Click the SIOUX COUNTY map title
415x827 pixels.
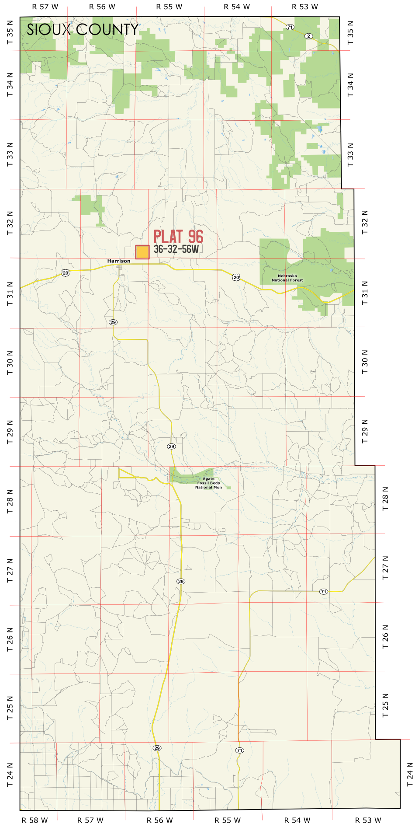pyautogui.click(x=83, y=30)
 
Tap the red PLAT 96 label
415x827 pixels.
pyautogui.click(x=178, y=237)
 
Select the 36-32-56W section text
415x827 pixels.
pyautogui.click(x=176, y=249)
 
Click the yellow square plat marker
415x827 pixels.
pyautogui.click(x=142, y=252)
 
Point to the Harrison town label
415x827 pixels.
pyautogui.click(x=119, y=261)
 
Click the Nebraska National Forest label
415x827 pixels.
pyautogui.click(x=287, y=278)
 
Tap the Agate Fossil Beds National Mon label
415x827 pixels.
pyautogui.click(x=208, y=483)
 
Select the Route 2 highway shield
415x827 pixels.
pyautogui.click(x=309, y=36)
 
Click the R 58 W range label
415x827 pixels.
pyautogui.click(x=35, y=820)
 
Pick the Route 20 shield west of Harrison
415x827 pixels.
pyautogui.click(x=66, y=273)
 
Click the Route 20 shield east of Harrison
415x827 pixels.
pyautogui.click(x=236, y=277)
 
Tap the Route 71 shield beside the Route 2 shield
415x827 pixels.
pyautogui.click(x=290, y=27)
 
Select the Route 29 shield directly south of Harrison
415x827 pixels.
pyautogui.click(x=113, y=322)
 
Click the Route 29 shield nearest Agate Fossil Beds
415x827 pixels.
pyautogui.click(x=172, y=446)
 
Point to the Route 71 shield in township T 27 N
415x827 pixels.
pyautogui.click(x=323, y=592)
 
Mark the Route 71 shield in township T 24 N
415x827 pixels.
pyautogui.click(x=239, y=750)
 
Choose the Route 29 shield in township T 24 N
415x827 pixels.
pyautogui.click(x=157, y=748)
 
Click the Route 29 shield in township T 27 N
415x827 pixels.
pyautogui.click(x=181, y=581)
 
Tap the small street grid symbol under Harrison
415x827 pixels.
pyautogui.click(x=119, y=266)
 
